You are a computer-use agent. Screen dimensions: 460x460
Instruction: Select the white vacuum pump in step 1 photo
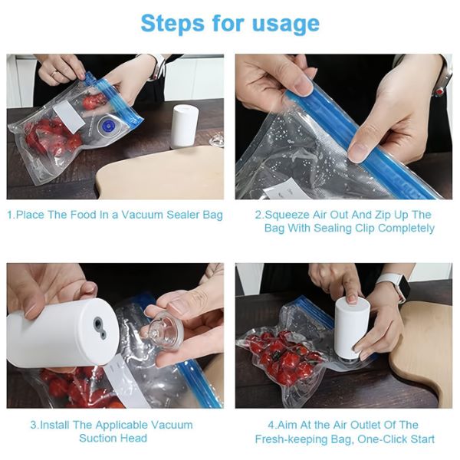tap(185, 127)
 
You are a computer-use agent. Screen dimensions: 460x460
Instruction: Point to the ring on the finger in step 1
tap(54, 74)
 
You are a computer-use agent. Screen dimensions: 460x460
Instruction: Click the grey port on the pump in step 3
tap(99, 327)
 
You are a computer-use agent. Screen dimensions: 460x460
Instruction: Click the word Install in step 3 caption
tap(54, 425)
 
